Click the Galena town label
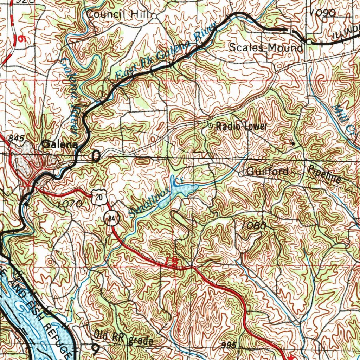pos(59,144)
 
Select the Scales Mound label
pos(265,47)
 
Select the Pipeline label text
pos(324,174)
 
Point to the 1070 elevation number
pos(69,204)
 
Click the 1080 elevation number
pos(255,226)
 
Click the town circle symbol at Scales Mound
pos(309,42)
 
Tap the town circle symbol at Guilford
pos(241,174)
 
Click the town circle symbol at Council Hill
pos(154,15)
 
